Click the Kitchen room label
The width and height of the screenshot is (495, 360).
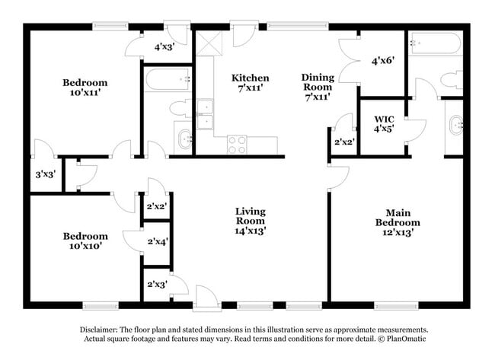tap(251, 78)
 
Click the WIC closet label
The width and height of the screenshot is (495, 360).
tap(384, 119)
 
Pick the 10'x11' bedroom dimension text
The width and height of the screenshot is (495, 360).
tap(85, 94)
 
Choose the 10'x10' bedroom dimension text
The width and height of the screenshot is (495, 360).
tap(85, 247)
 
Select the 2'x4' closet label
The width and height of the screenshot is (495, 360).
tap(158, 241)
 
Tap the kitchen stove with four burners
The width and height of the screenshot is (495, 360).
tap(237, 142)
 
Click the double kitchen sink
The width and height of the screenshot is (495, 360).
tap(205, 114)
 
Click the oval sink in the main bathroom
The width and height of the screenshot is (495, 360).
tap(456, 124)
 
